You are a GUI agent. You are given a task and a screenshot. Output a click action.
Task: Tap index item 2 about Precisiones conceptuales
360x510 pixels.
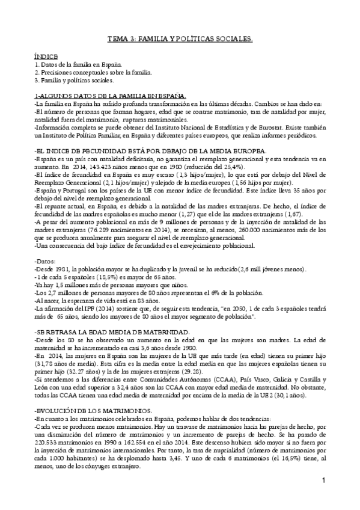click(93, 72)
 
